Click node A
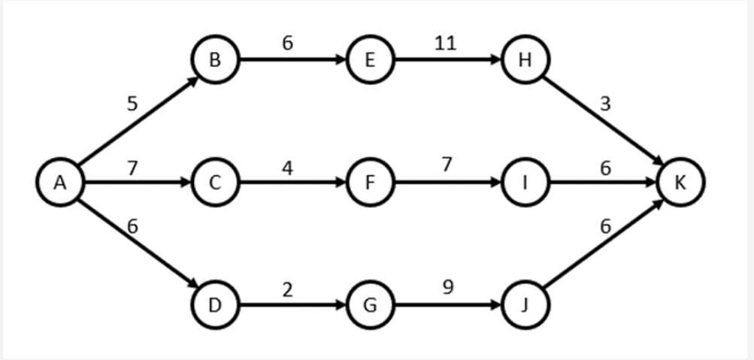click(61, 183)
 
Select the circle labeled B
click(215, 59)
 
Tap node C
click(215, 183)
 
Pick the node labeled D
click(215, 306)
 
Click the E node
click(370, 59)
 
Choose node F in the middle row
click(370, 183)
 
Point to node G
click(370, 306)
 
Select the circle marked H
click(525, 59)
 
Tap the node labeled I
click(525, 183)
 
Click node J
click(525, 306)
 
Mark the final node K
click(680, 183)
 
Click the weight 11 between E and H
click(445, 43)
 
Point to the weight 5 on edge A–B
click(132, 104)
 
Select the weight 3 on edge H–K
click(605, 104)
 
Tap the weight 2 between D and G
click(288, 289)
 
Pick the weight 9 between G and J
click(447, 287)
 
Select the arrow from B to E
click(292, 59)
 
